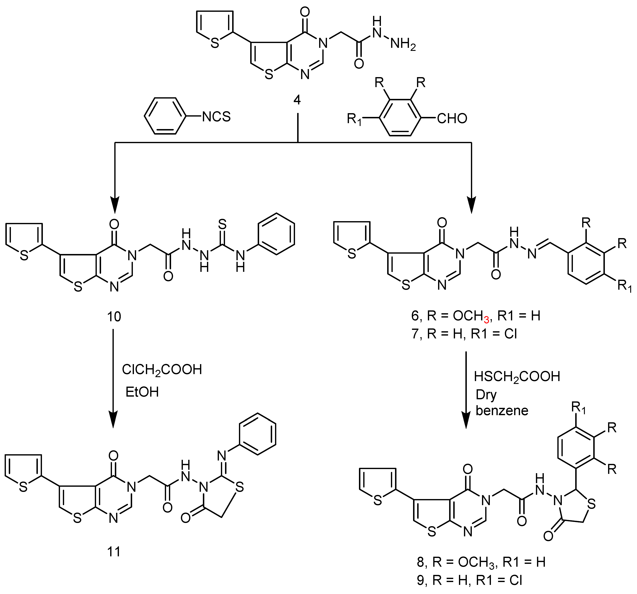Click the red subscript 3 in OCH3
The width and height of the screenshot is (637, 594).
point(486,319)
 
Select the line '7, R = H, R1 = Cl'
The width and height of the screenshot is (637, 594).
point(464,334)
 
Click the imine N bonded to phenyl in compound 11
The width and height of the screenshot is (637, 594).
point(222,455)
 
